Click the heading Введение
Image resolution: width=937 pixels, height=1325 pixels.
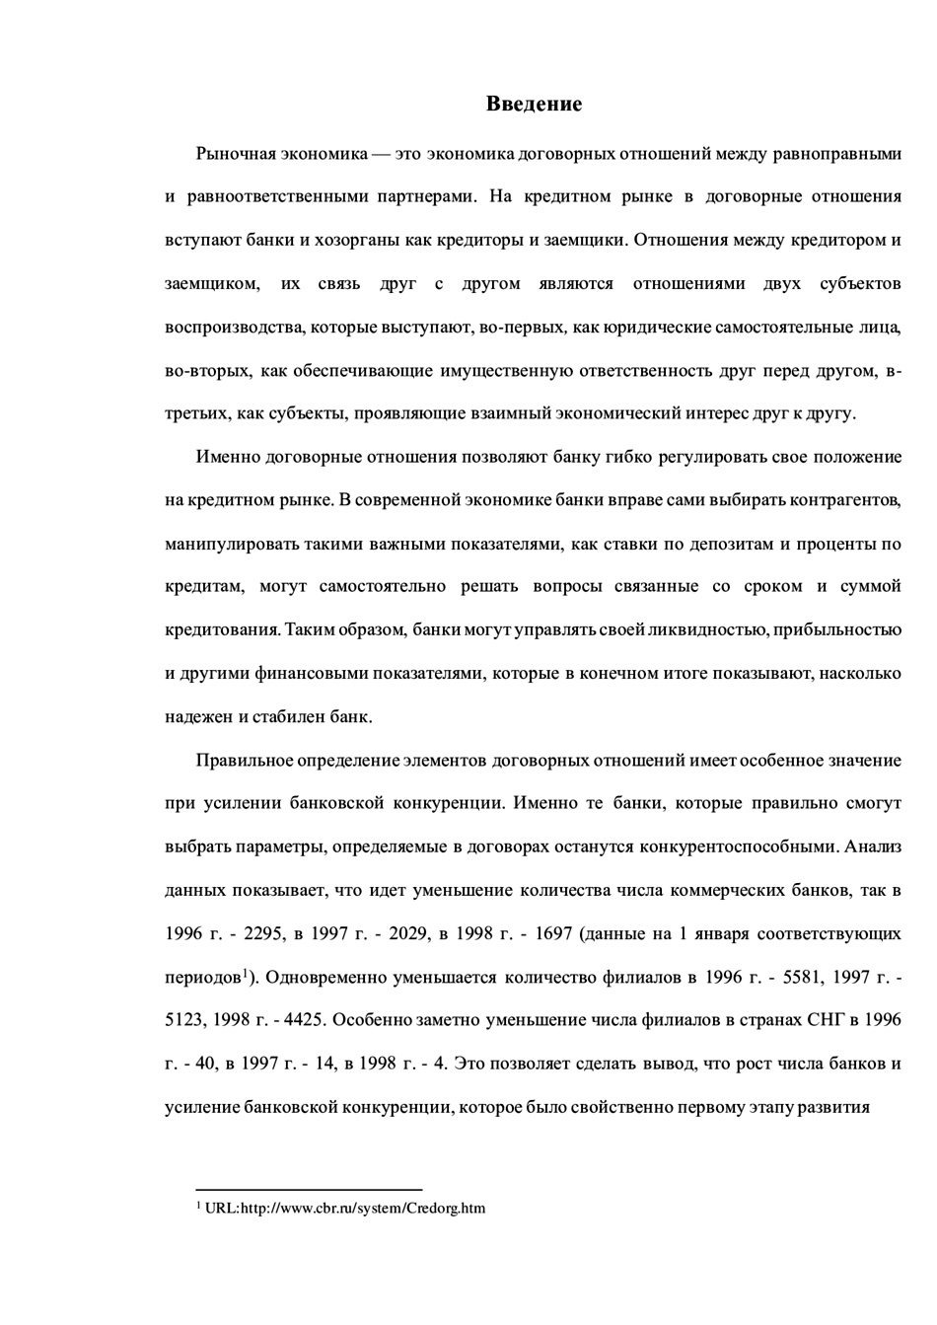(x=534, y=104)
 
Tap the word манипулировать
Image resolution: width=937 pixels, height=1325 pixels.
(x=222, y=544)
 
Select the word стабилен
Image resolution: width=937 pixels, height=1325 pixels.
(x=294, y=716)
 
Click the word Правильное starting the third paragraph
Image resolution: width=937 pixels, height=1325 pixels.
(x=244, y=760)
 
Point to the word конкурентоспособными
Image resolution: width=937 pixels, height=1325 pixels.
(x=740, y=847)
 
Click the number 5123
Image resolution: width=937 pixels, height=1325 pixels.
(x=187, y=1020)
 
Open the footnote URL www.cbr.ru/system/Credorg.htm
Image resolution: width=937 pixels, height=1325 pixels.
(x=345, y=1208)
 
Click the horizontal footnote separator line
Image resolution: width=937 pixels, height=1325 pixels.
(x=309, y=1190)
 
